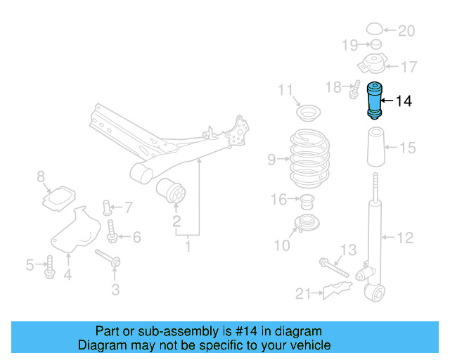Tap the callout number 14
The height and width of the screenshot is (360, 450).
click(x=404, y=101)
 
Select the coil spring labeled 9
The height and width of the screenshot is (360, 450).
click(x=309, y=158)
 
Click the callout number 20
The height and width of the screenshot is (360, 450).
click(x=406, y=30)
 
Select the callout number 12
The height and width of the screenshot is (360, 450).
click(x=405, y=238)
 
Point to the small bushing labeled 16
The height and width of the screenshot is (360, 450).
click(x=306, y=203)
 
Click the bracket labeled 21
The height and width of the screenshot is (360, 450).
click(x=334, y=290)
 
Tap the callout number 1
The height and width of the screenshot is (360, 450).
click(x=188, y=247)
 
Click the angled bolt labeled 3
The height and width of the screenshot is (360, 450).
click(x=108, y=259)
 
